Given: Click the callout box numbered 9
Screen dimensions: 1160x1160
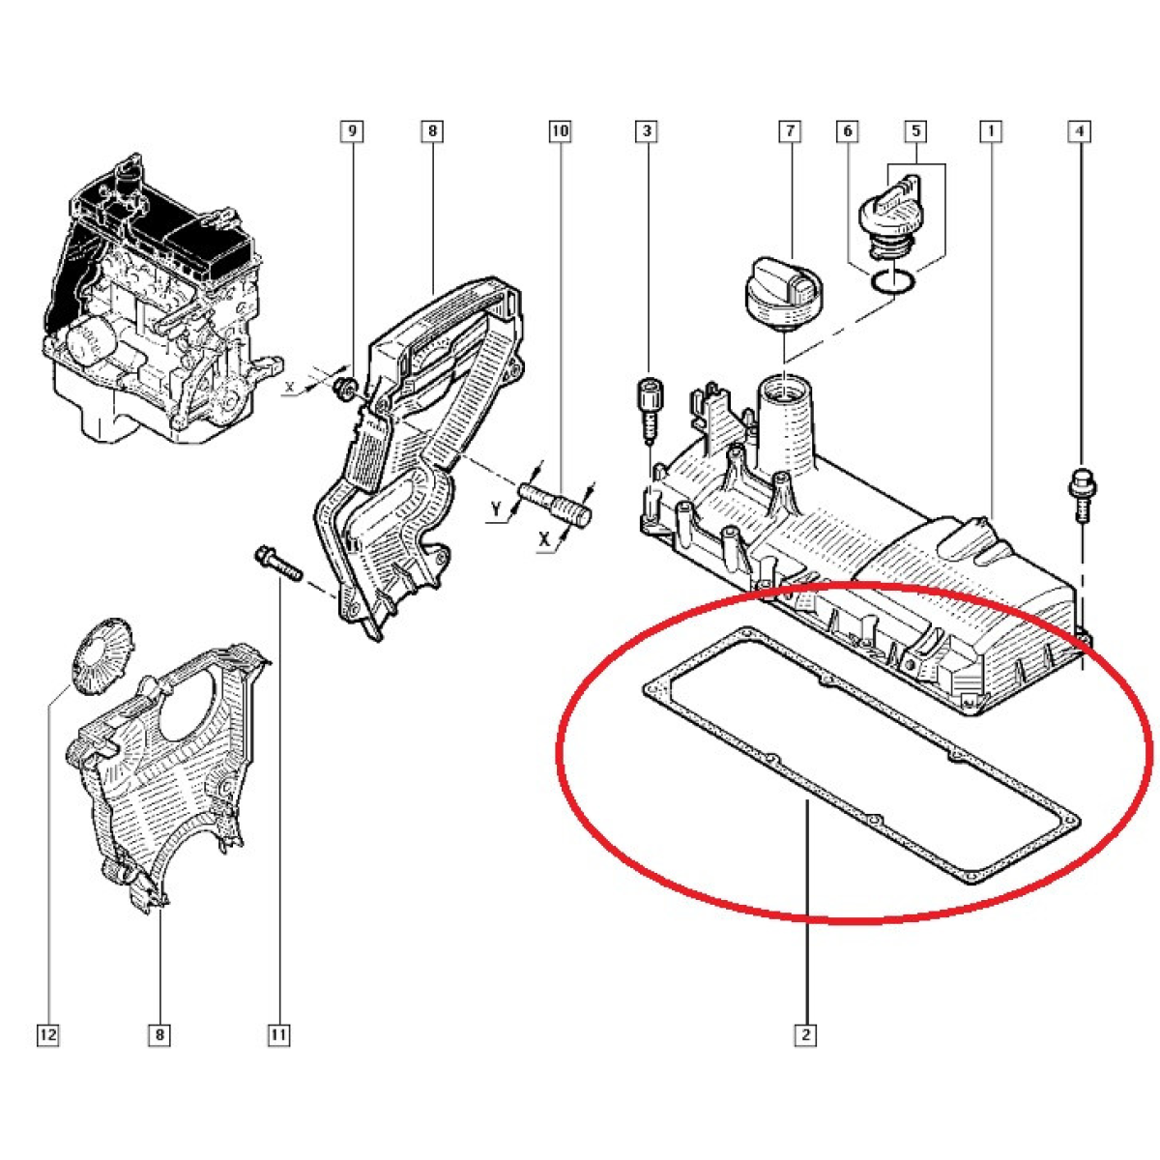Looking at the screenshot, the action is (352, 131).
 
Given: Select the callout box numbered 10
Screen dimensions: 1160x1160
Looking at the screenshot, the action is (560, 131).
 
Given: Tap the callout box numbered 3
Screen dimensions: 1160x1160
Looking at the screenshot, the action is (647, 131).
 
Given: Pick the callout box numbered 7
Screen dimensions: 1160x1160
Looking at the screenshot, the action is (790, 131).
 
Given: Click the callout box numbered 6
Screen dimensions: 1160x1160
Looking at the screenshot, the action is (848, 131).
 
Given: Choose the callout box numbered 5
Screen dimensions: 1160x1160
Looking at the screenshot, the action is (915, 131).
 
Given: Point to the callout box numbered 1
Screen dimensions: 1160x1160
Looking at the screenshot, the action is (990, 131).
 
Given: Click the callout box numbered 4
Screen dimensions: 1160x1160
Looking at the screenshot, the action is (1080, 131).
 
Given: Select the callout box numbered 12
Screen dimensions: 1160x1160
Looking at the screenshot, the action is (48, 1035).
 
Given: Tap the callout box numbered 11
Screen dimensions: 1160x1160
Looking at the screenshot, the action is (278, 1035).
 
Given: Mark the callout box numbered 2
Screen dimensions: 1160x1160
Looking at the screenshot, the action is (805, 1035).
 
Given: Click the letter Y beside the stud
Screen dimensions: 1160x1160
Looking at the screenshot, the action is (496, 509).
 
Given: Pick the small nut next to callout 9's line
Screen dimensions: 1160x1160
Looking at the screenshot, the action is (345, 389).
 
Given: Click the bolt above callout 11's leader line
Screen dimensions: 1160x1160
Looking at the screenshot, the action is (277, 563).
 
